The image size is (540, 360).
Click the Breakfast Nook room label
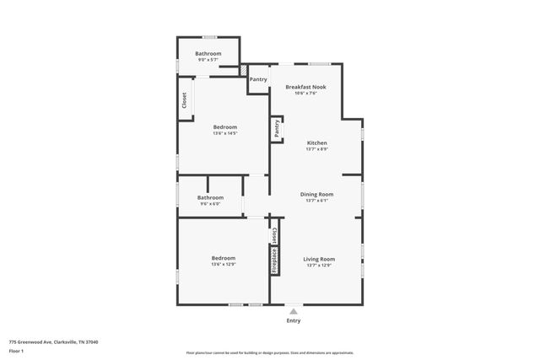[x=305, y=87]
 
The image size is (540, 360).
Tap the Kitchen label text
[x=316, y=142]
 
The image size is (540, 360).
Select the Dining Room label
[x=317, y=194]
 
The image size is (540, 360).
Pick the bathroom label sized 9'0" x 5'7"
[x=208, y=54]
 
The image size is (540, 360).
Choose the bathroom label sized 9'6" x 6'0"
[x=210, y=197]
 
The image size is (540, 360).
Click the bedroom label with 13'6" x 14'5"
[x=224, y=127]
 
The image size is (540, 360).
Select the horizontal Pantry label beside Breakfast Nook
[x=258, y=80]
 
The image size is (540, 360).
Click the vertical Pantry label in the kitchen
[x=276, y=128]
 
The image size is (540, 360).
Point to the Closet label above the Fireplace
[x=274, y=233]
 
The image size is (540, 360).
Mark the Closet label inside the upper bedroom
[x=185, y=100]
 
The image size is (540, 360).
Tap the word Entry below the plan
[x=293, y=320]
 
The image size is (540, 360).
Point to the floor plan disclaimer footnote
[x=270, y=353]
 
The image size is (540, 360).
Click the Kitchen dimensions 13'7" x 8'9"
[x=316, y=149]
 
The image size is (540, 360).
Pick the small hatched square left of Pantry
[x=245, y=71]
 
